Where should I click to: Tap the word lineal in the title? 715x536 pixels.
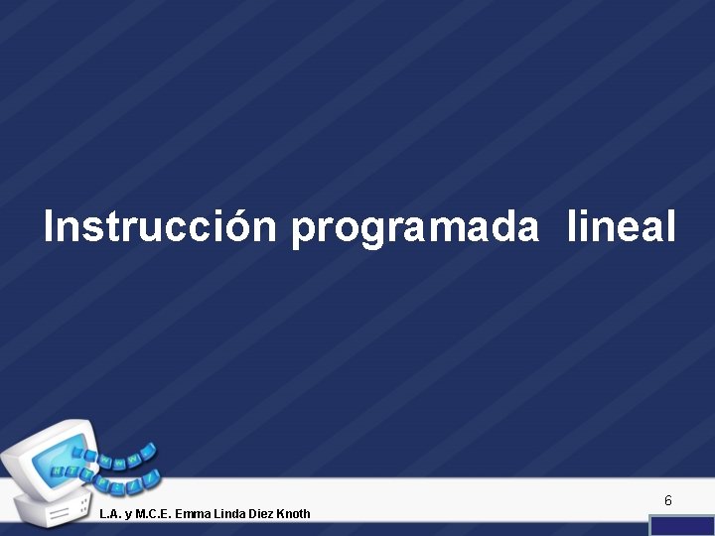(622, 227)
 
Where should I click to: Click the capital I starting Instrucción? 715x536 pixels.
(51, 227)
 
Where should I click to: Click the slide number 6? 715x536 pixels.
(668, 501)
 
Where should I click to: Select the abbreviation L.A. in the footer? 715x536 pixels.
(111, 513)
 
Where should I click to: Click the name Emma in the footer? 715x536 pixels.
(193, 513)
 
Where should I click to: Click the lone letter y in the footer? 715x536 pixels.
(131, 514)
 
